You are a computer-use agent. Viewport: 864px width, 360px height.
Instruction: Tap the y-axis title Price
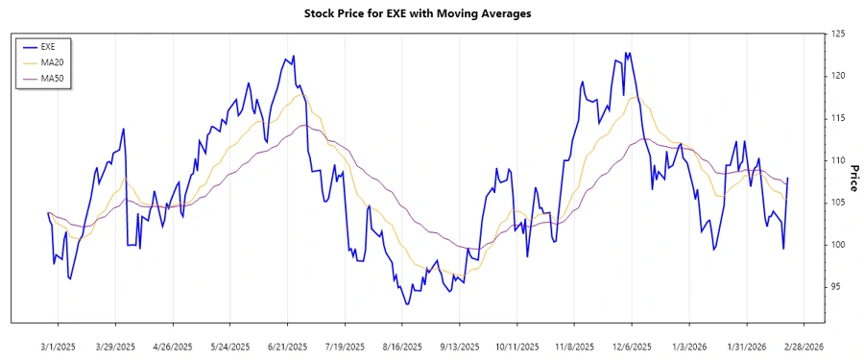click(x=853, y=178)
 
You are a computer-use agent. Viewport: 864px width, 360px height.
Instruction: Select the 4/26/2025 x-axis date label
click(x=173, y=346)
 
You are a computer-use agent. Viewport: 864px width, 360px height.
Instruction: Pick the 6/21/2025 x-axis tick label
click(x=287, y=346)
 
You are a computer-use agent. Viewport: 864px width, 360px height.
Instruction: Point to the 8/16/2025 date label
click(x=401, y=346)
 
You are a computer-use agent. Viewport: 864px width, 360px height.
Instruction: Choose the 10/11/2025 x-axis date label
click(x=516, y=346)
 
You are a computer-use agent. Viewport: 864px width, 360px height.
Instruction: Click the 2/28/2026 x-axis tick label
click(x=802, y=346)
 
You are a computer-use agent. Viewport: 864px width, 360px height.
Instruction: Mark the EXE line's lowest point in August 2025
click(x=407, y=304)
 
